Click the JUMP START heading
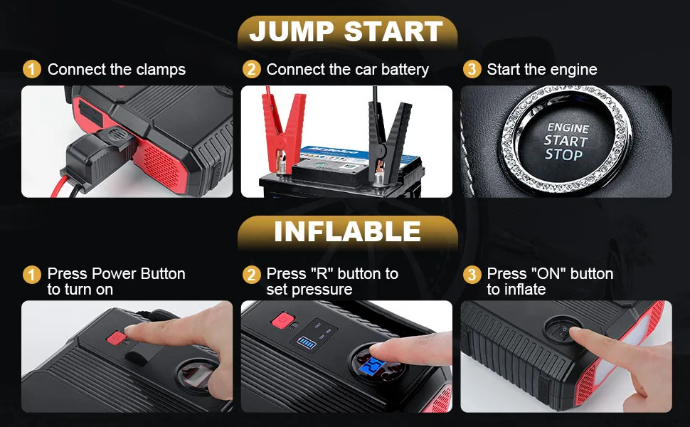346,32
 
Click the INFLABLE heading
347,232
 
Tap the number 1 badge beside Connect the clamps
32,69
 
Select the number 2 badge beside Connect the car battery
251,69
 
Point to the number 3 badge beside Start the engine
471,69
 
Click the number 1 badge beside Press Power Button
32,274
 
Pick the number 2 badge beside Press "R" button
251,274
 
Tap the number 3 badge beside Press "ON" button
471,274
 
